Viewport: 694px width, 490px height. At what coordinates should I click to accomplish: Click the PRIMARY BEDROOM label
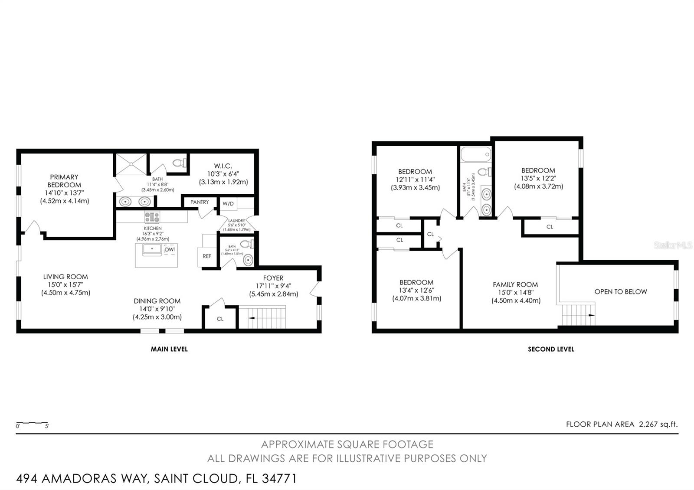64,181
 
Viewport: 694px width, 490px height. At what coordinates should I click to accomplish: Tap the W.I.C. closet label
223,166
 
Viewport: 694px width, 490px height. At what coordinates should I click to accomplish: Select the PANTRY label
200,202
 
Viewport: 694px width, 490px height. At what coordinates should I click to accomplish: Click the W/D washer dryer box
228,203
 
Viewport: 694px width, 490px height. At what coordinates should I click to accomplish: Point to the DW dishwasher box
170,250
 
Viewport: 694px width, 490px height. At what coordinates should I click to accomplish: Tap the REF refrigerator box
207,256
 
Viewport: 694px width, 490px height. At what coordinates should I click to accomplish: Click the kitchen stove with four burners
152,217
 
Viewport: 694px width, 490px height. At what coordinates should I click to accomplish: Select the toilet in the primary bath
179,163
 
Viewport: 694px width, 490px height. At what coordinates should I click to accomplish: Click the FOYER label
273,278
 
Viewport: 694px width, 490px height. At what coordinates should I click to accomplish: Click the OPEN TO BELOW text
620,292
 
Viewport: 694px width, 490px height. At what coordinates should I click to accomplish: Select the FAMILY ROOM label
515,284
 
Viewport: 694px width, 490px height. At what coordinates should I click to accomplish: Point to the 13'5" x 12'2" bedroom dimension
538,178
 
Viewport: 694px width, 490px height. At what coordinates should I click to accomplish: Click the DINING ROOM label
157,301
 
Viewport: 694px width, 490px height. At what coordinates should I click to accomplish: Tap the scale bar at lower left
32,422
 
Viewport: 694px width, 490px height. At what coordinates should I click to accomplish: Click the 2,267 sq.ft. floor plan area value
658,425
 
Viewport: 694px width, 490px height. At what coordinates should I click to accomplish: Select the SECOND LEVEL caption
551,349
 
